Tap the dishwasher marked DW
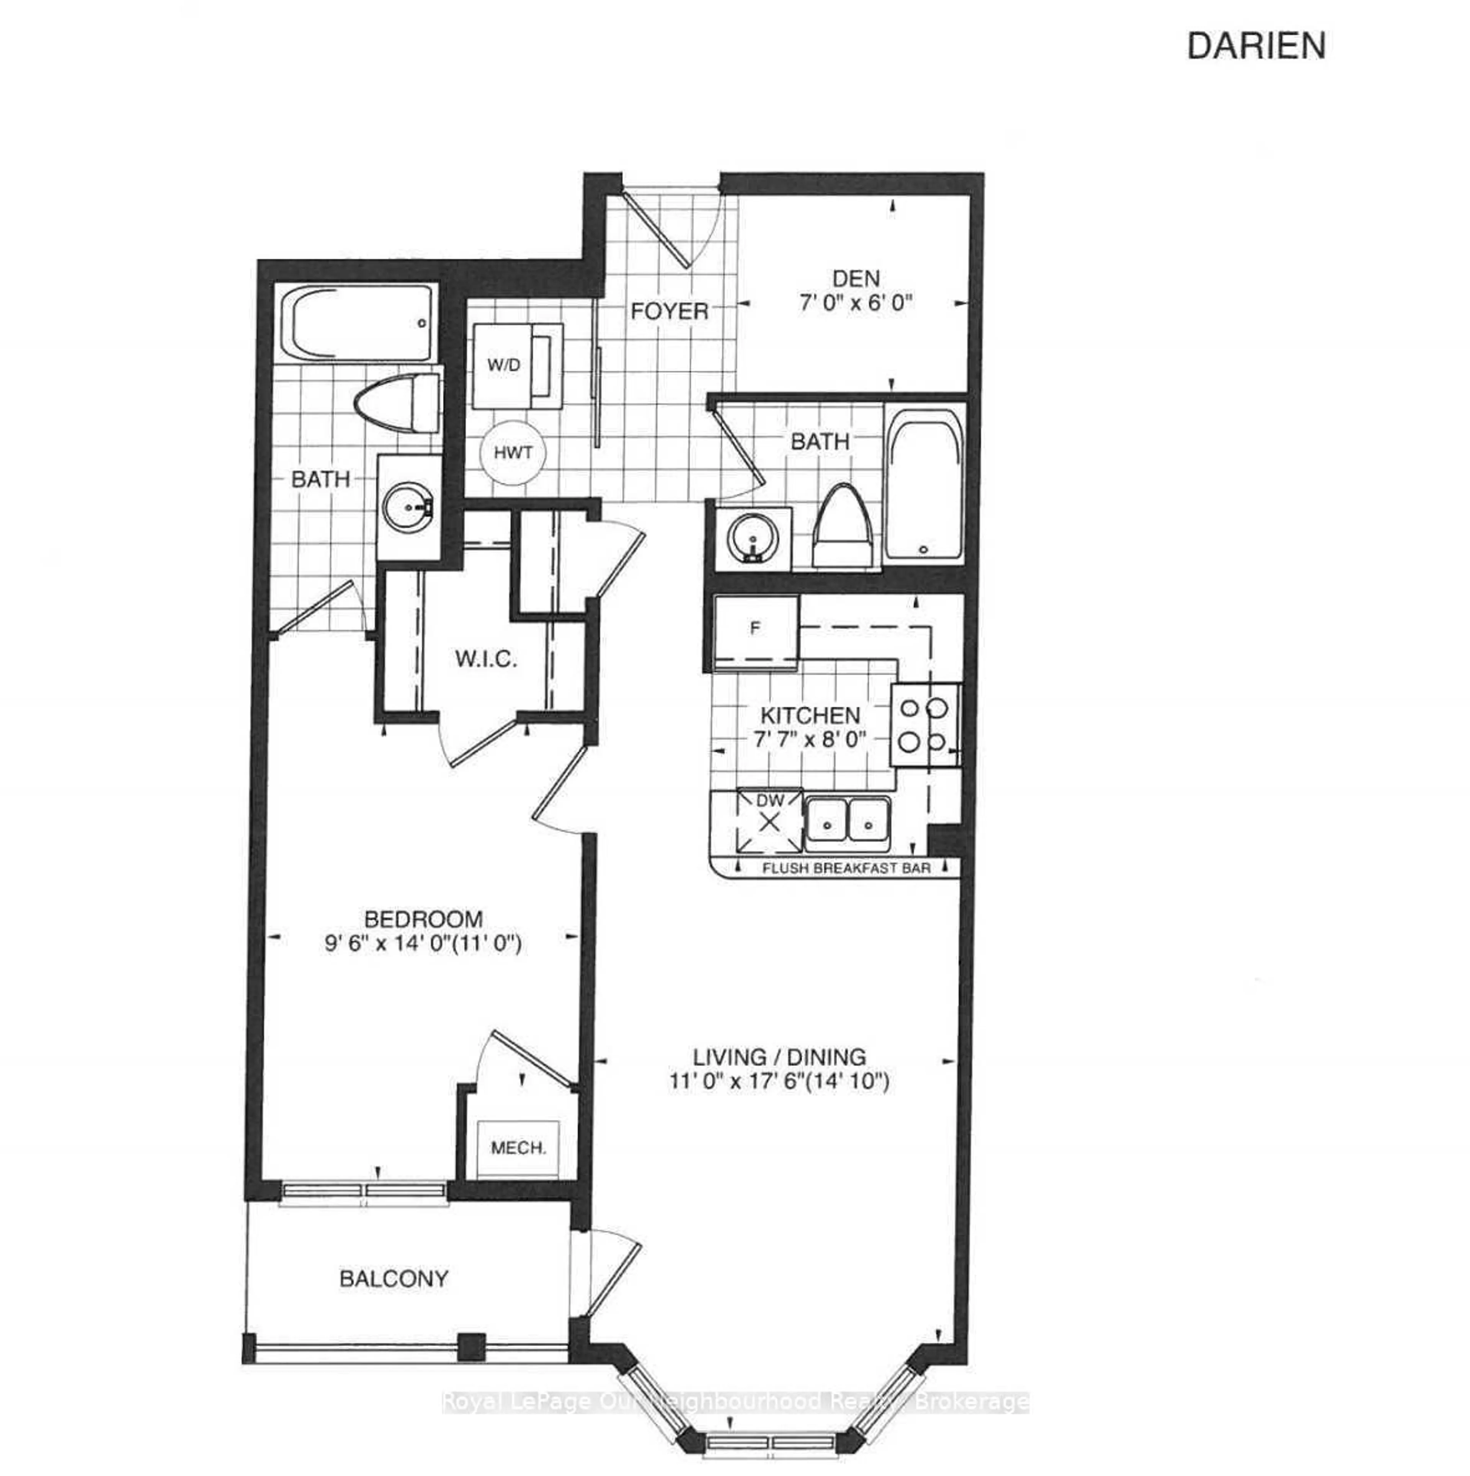click(770, 821)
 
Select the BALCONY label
click(394, 1278)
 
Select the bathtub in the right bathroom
click(923, 481)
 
